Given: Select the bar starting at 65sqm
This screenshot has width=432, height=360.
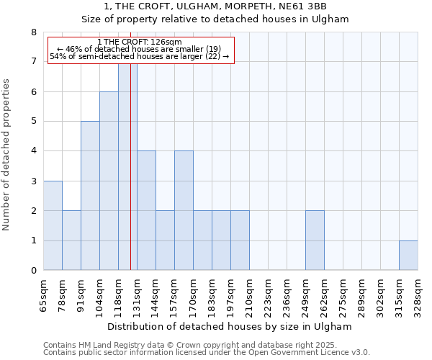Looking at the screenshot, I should click(x=53, y=225).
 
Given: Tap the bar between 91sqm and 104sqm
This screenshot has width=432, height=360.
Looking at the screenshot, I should click(x=90, y=196).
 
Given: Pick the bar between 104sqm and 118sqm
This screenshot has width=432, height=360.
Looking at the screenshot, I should click(x=109, y=181).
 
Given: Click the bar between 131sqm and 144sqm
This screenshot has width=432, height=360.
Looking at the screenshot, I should click(x=146, y=210).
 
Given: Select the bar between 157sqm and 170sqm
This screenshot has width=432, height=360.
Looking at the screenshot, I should click(x=184, y=210).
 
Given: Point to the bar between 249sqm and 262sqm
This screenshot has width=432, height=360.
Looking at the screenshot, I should click(x=315, y=240).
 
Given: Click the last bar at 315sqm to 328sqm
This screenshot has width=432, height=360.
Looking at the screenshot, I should click(x=408, y=256).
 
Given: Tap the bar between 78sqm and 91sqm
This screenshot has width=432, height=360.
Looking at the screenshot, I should click(x=71, y=240).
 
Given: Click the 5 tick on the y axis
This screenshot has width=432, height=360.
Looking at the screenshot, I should click(x=33, y=121).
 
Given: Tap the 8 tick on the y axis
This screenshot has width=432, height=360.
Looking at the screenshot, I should click(x=33, y=32).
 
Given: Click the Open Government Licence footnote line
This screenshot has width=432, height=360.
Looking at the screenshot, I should click(x=207, y=353).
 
